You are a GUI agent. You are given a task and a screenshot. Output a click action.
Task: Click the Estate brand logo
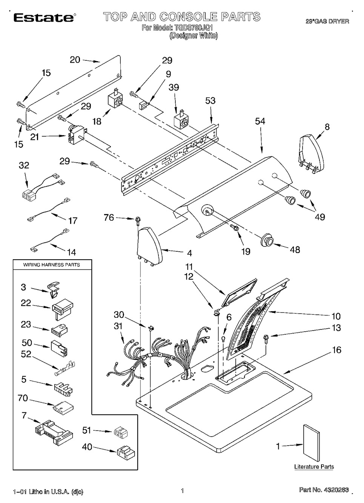coord(44,17)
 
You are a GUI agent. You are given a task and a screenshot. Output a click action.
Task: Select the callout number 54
coord(260,121)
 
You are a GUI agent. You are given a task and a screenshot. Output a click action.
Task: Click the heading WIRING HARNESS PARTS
coord(52,265)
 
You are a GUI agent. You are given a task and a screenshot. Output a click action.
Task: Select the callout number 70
coord(23,398)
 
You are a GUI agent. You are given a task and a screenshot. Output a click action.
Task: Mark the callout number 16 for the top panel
coord(336,350)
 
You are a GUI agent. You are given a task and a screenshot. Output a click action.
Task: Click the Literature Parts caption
coord(314,467)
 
